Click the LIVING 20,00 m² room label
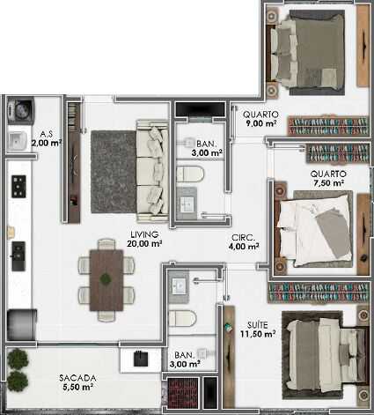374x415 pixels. click(x=144, y=239)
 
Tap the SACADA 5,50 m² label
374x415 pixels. click(x=77, y=382)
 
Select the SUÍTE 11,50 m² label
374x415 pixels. click(x=258, y=330)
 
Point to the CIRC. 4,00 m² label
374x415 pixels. click(x=244, y=241)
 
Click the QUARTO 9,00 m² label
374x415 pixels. click(x=260, y=119)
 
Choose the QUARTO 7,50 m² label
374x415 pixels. click(x=328, y=178)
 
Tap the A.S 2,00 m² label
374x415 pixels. click(x=47, y=139)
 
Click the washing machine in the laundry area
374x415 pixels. click(x=20, y=111)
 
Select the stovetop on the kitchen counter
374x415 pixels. click(x=18, y=186)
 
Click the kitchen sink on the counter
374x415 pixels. click(x=18, y=256)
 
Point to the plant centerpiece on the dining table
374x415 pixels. click(x=106, y=278)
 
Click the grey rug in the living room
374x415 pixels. click(x=114, y=172)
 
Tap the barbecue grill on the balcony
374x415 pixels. click(x=141, y=359)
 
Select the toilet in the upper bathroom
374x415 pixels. click(x=189, y=174)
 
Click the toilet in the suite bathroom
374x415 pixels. click(x=182, y=318)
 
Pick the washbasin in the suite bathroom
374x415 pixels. click(x=179, y=286)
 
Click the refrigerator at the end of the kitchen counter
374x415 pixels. click(x=22, y=325)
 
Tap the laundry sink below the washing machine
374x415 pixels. click(x=18, y=141)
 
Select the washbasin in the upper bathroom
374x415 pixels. click(x=187, y=204)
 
